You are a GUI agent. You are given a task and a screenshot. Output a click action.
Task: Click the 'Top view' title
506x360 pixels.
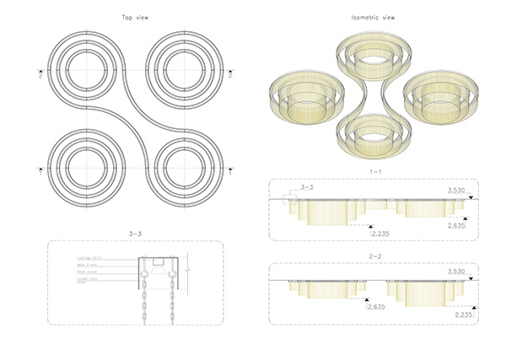point(135,17)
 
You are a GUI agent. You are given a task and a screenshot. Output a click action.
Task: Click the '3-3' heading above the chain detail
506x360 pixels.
point(135,232)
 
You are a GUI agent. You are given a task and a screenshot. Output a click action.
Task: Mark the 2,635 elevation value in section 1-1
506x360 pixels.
point(457,225)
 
